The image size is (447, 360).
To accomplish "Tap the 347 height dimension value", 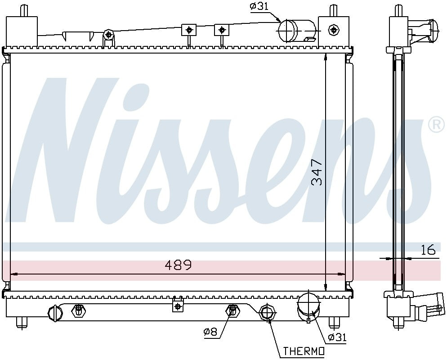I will pyautogui.click(x=317, y=172).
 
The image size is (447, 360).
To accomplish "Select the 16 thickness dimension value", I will pyautogui.click(x=428, y=250).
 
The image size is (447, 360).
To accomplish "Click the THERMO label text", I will pyautogui.click(x=304, y=351).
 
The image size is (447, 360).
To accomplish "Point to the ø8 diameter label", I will pyautogui.click(x=210, y=332).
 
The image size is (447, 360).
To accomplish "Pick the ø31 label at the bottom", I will pyautogui.click(x=337, y=337).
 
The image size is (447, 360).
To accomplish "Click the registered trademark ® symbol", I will pyautogui.click(x=435, y=125).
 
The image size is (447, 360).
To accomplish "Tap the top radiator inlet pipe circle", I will pyautogui.click(x=287, y=31).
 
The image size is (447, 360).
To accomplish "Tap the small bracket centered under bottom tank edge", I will pyautogui.click(x=178, y=305).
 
